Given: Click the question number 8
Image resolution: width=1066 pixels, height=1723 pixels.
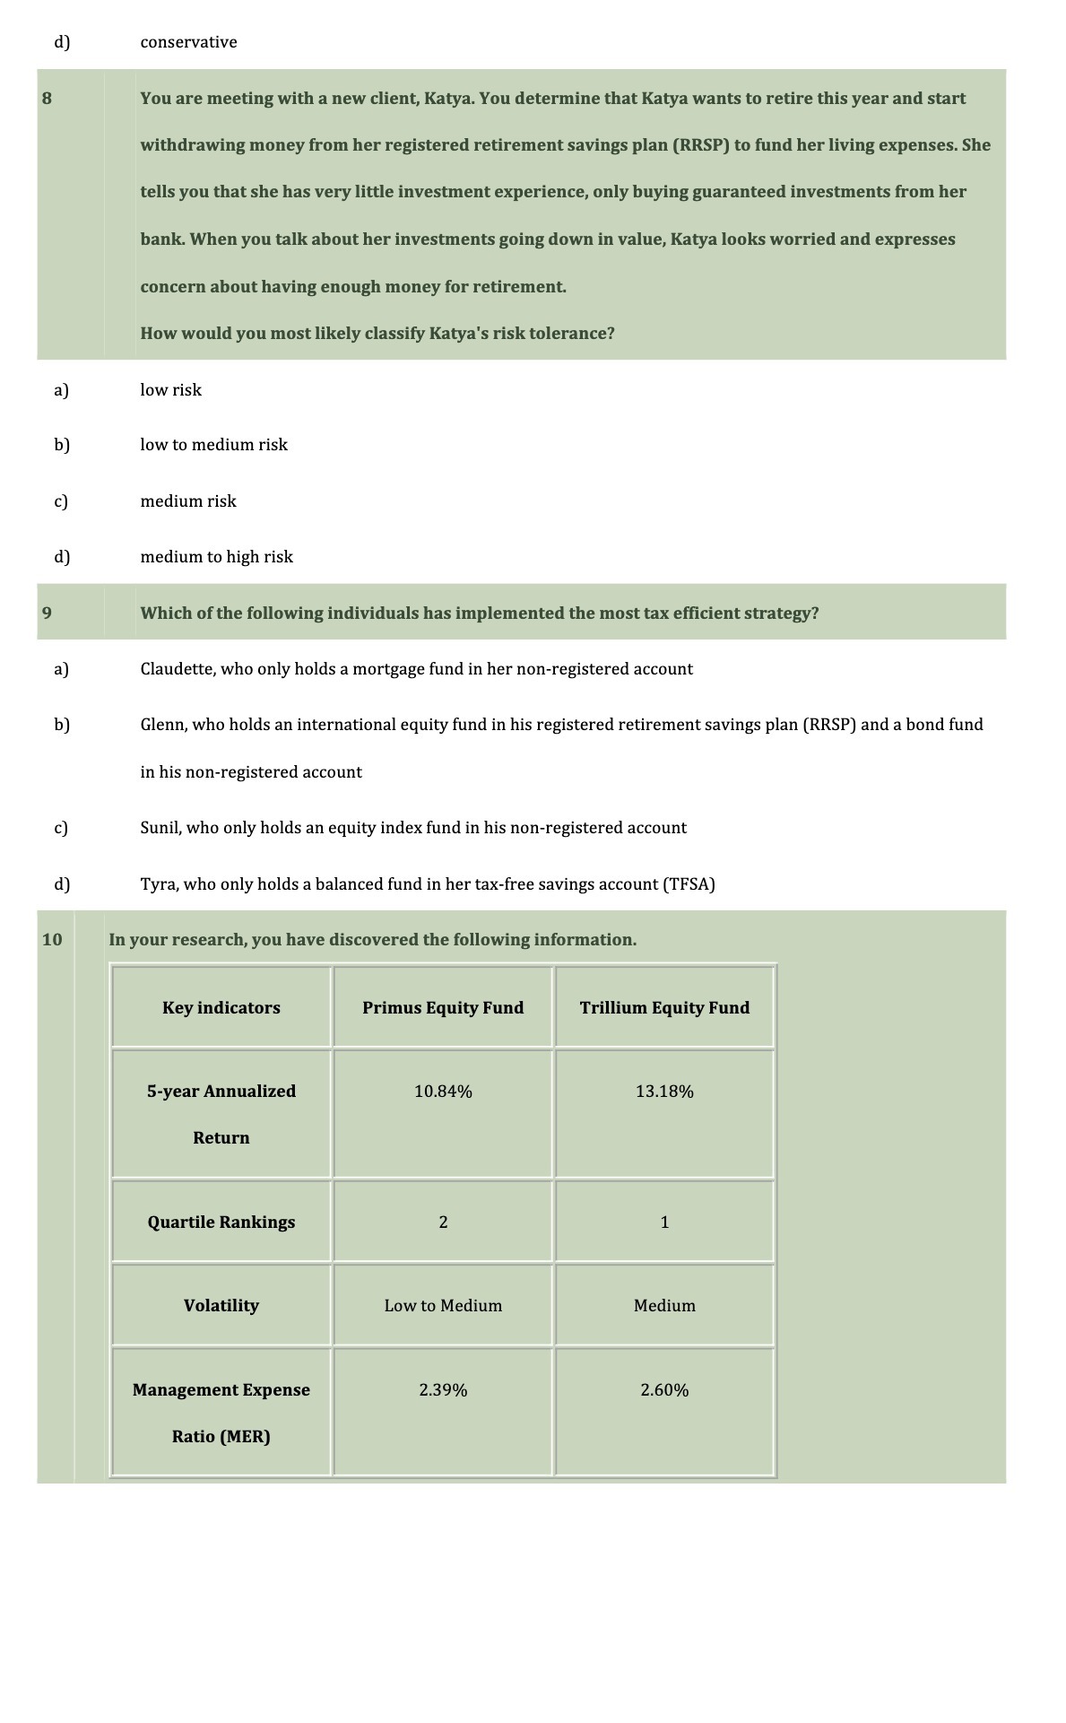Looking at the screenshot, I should (x=47, y=99).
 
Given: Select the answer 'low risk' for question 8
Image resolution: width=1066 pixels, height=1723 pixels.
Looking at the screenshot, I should (x=170, y=390).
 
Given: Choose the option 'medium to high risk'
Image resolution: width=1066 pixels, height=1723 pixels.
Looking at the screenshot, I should (x=216, y=557).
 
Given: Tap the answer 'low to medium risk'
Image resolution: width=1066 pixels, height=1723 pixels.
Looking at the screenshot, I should (x=213, y=445).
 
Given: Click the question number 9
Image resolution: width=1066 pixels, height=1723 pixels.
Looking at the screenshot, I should (x=47, y=613).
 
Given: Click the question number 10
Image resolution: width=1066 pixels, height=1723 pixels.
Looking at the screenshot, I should (x=52, y=940).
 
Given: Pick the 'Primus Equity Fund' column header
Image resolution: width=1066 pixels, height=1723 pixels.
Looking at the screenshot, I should (x=443, y=1008).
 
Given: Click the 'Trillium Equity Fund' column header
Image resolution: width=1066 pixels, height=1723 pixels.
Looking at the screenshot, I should (x=664, y=1008).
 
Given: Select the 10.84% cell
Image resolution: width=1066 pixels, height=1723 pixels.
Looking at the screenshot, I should (x=443, y=1092).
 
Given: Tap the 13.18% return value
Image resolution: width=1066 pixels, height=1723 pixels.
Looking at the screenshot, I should (x=664, y=1092).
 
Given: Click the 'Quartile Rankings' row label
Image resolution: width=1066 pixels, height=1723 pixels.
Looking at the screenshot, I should (x=221, y=1223).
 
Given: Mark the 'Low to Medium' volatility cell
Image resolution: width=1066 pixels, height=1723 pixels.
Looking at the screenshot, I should (x=443, y=1306).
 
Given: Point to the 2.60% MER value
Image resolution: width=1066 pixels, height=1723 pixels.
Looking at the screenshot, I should (x=664, y=1390).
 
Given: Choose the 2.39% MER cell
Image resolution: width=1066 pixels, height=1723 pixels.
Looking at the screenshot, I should (x=443, y=1390).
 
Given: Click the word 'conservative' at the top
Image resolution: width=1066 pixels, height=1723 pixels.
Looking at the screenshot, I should (x=188, y=42).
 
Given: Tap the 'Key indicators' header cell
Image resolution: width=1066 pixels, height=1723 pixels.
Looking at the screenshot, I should (x=221, y=1008).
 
